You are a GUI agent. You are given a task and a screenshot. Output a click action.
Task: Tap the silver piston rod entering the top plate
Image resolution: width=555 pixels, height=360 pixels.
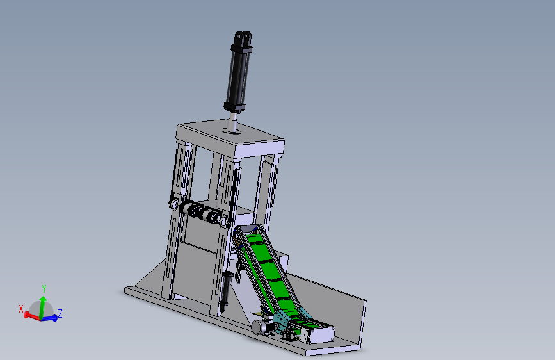[x=232, y=122]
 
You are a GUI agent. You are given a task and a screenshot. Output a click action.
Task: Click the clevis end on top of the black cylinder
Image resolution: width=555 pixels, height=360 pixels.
[x=243, y=37]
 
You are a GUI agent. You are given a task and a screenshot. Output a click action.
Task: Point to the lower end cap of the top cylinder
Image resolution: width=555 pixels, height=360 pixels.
[x=234, y=106]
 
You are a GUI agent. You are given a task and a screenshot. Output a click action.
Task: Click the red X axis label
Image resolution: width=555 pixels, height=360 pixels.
[x=21, y=309]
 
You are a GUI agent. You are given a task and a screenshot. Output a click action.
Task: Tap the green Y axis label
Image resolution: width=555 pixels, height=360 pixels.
[x=44, y=289]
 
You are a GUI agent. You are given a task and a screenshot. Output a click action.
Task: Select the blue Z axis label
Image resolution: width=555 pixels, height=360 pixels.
[x=60, y=314]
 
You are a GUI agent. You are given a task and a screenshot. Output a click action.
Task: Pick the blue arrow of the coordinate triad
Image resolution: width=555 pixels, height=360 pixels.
[x=49, y=318]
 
